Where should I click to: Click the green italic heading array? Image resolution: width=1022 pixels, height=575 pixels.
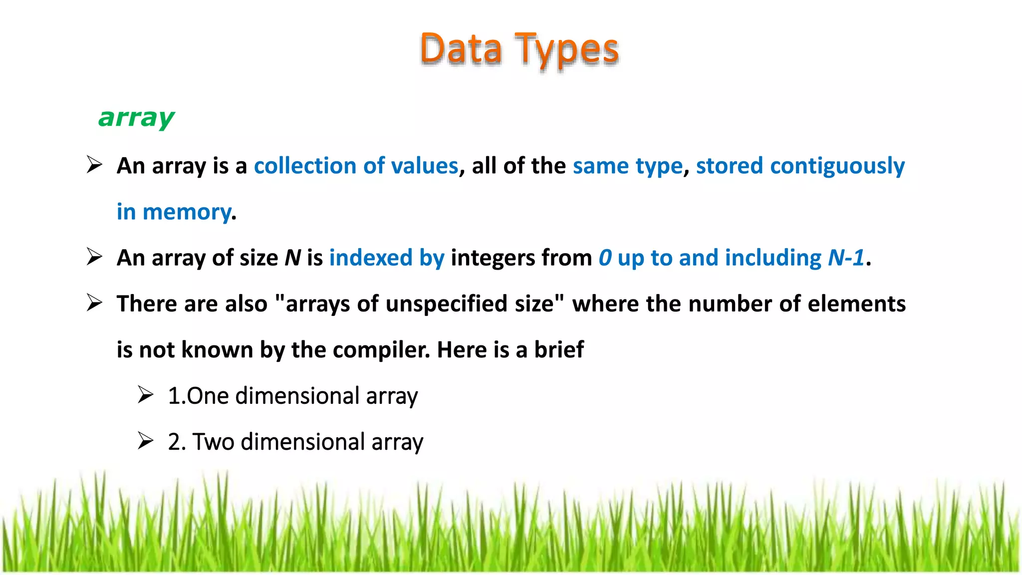click(136, 118)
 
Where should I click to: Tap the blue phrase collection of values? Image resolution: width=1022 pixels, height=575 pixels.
click(356, 166)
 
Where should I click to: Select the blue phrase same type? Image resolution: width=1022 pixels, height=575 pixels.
click(627, 166)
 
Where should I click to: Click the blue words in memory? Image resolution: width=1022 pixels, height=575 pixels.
click(174, 212)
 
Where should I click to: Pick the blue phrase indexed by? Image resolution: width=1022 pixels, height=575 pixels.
click(386, 258)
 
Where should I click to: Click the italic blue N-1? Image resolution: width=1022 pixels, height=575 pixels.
click(846, 258)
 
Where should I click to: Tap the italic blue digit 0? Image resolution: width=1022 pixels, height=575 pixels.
click(605, 258)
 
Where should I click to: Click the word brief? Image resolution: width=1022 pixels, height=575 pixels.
click(559, 350)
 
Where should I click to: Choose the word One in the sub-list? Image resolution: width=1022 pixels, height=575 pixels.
click(208, 396)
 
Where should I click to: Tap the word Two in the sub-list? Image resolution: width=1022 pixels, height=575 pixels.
click(213, 442)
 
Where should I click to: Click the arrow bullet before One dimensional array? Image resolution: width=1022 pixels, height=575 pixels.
click(145, 395)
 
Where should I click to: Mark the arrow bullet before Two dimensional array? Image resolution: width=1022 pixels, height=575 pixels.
click(145, 441)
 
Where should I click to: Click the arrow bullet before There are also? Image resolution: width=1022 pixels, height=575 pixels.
click(94, 303)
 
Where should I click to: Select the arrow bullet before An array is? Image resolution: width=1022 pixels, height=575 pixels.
click(94, 165)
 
